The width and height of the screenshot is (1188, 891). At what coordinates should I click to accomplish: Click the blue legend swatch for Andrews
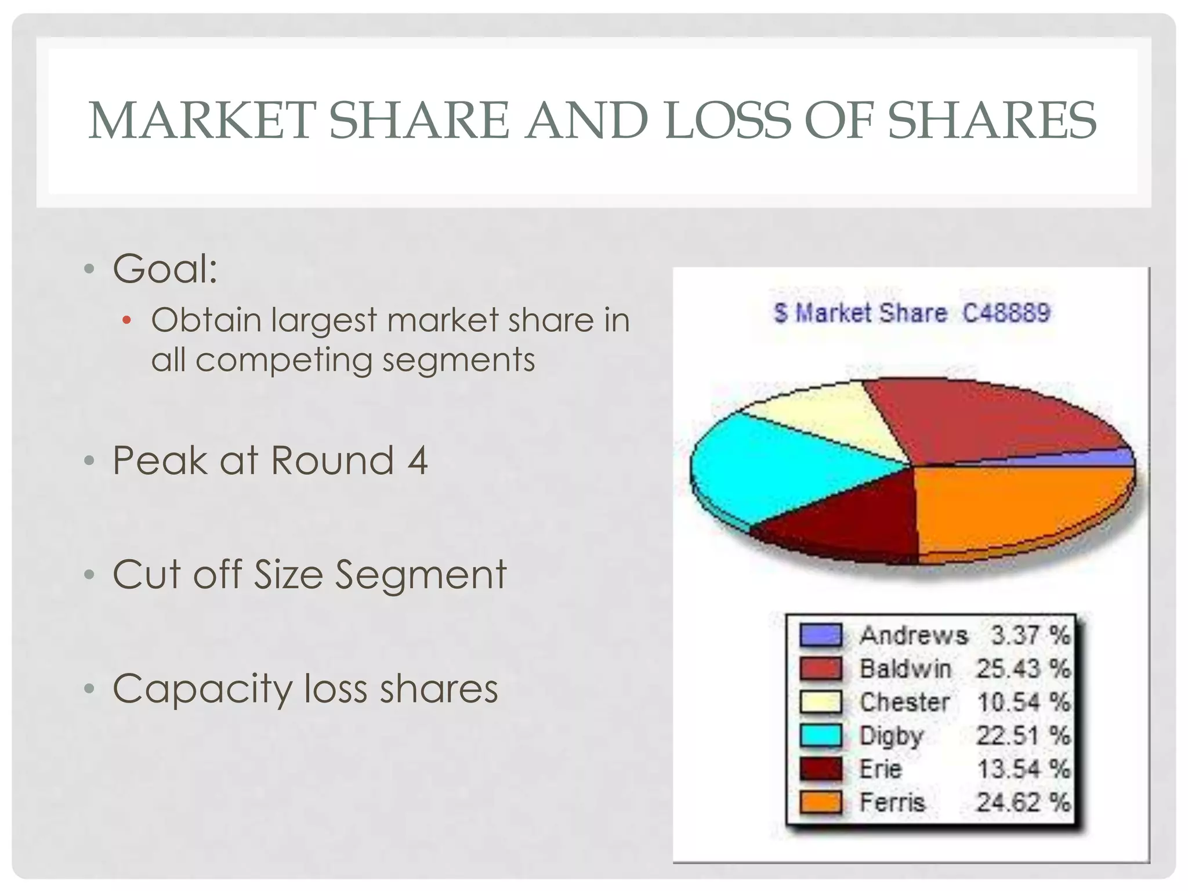pos(820,635)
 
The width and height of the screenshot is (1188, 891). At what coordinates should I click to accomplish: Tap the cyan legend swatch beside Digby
pos(820,736)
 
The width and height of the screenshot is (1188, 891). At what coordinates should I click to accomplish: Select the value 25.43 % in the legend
pos(1022,669)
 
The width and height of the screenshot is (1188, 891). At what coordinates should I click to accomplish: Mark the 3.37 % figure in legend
pos(1030,635)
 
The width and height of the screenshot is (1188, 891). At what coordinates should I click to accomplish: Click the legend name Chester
pos(904,702)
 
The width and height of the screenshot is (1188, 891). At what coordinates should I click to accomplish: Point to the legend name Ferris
pos(892,803)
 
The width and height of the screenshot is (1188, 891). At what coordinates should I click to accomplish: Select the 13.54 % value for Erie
pos(1023,769)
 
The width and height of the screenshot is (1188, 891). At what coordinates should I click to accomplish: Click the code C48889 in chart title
pos(1006,313)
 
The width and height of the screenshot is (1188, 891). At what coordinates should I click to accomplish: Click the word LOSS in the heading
pos(728,121)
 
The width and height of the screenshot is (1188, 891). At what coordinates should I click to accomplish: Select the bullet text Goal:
pos(165,269)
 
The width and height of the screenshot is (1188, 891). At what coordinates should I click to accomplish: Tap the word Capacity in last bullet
pos(202,689)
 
